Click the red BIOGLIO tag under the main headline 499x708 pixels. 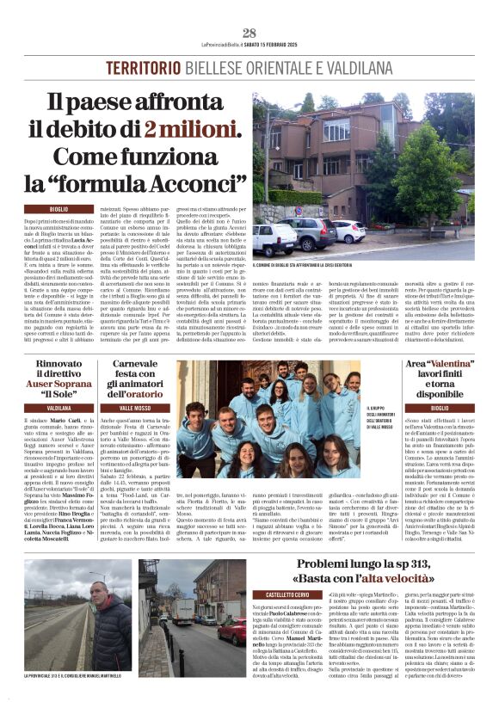point(59,210)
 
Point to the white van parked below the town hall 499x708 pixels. point(273,240)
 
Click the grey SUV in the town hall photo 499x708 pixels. point(313,234)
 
